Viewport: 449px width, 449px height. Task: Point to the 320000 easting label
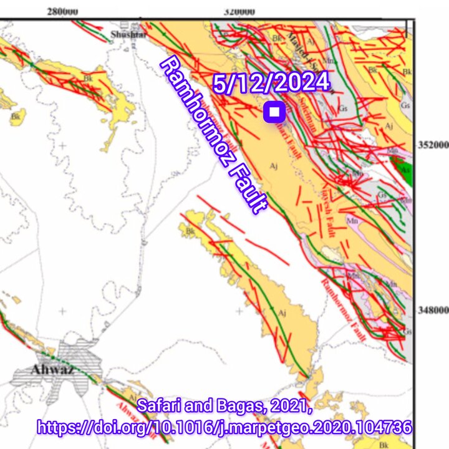point(239,11)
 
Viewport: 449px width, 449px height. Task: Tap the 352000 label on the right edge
point(432,145)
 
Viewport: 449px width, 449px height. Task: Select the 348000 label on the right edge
point(432,310)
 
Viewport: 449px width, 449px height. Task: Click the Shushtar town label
point(128,34)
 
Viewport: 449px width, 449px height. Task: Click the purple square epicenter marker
point(274,112)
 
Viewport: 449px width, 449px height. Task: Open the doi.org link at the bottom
point(224,428)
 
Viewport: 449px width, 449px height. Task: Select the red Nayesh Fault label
point(331,212)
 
